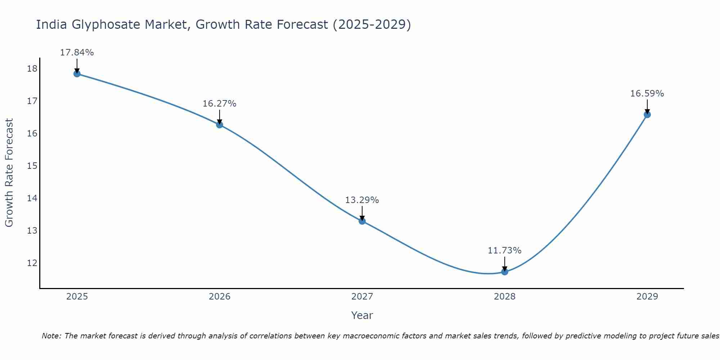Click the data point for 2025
[x=77, y=74]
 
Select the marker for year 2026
[x=220, y=125]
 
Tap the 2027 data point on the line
[x=362, y=221]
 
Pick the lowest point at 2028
[x=505, y=272]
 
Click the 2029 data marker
[x=647, y=114]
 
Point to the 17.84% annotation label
[x=77, y=53]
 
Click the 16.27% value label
[x=220, y=104]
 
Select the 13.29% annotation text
[x=362, y=200]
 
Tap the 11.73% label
[x=505, y=251]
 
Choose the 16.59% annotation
[x=647, y=94]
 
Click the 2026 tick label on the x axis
[x=220, y=297]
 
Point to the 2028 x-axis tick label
[x=505, y=297]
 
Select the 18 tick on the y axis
[x=32, y=69]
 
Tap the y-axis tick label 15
[x=32, y=166]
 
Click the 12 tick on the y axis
[x=32, y=263]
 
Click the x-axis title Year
[x=362, y=315]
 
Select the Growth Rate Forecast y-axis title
[x=9, y=173]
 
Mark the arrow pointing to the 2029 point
[x=647, y=107]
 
